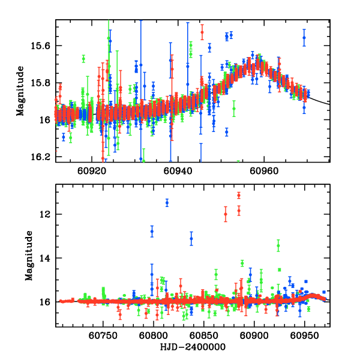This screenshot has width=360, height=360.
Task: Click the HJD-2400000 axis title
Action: [191, 347]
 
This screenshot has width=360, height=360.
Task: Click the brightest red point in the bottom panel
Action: [239, 195]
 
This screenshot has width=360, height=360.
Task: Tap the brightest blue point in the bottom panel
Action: [167, 203]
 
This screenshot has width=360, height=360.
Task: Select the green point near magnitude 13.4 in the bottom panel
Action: [278, 245]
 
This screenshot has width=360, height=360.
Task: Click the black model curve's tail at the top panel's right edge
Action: [327, 104]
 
